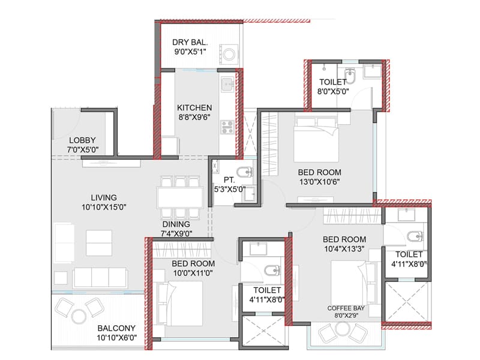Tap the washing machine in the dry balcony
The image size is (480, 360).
(230, 55)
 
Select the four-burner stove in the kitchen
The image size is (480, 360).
(227, 127)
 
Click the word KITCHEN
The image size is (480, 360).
(194, 108)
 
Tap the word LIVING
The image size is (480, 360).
(104, 197)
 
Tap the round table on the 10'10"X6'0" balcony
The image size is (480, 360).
(78, 316)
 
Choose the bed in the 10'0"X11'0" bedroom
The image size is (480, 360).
(179, 299)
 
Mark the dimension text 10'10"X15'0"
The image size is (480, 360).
(103, 207)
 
